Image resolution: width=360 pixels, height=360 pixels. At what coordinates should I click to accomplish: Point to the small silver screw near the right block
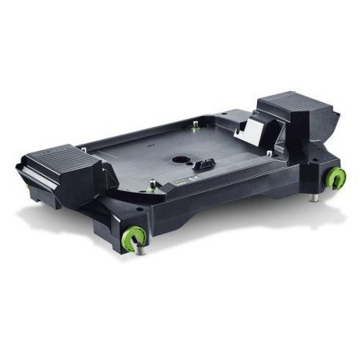click(x=269, y=152)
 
